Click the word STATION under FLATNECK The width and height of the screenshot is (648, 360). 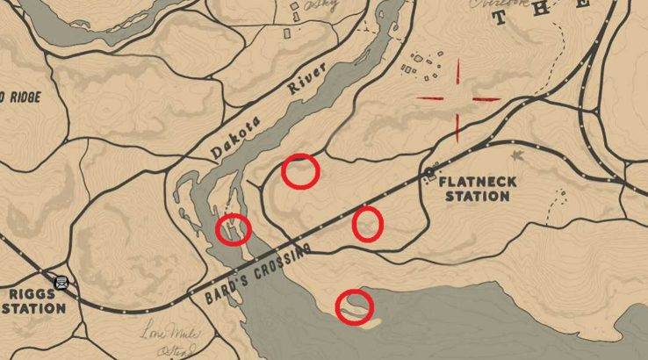pos(477,197)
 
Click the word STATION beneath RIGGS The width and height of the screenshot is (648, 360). pos(32,308)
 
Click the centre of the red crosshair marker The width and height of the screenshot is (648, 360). pos(457,98)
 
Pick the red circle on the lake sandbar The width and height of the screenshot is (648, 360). pos(355,306)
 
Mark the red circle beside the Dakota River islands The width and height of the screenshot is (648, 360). pos(234,230)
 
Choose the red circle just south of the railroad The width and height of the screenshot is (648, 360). pos(368,224)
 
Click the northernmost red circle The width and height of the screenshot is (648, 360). pos(300,170)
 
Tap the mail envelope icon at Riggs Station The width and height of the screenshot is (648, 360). pos(61,283)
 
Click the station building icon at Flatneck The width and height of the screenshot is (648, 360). pos(430,175)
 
